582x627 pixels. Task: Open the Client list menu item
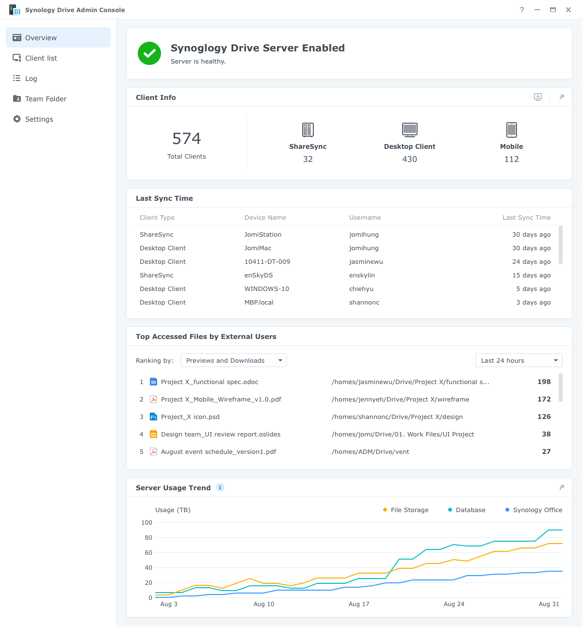(x=41, y=58)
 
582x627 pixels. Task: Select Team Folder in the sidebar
(x=46, y=99)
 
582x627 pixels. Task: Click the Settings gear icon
(x=17, y=119)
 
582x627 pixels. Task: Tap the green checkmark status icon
(x=149, y=53)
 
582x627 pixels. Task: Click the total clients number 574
(x=187, y=139)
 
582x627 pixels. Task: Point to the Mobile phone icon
(x=512, y=130)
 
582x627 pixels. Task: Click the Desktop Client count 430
(x=410, y=159)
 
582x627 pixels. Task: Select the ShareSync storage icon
(x=308, y=130)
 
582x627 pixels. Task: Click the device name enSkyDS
(x=259, y=275)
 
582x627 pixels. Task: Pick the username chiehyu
(x=361, y=289)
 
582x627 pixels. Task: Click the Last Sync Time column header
(x=526, y=218)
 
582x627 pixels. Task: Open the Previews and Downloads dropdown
(x=234, y=361)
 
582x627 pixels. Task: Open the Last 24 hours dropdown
(x=518, y=361)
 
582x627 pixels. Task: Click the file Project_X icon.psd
(x=190, y=417)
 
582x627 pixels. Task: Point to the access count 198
(x=544, y=382)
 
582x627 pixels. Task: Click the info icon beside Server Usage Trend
(x=220, y=488)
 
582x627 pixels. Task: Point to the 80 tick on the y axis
(x=148, y=538)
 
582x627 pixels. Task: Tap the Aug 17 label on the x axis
(x=359, y=604)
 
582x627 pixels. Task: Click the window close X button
(x=568, y=10)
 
